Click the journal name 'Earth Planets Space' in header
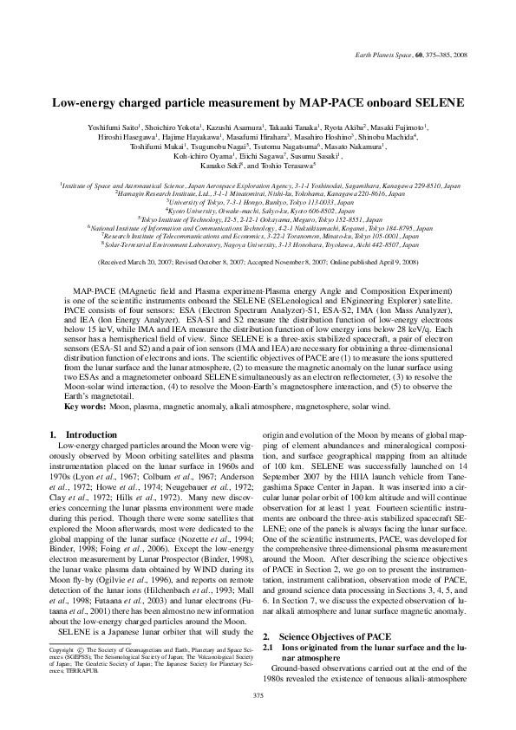(386, 54)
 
